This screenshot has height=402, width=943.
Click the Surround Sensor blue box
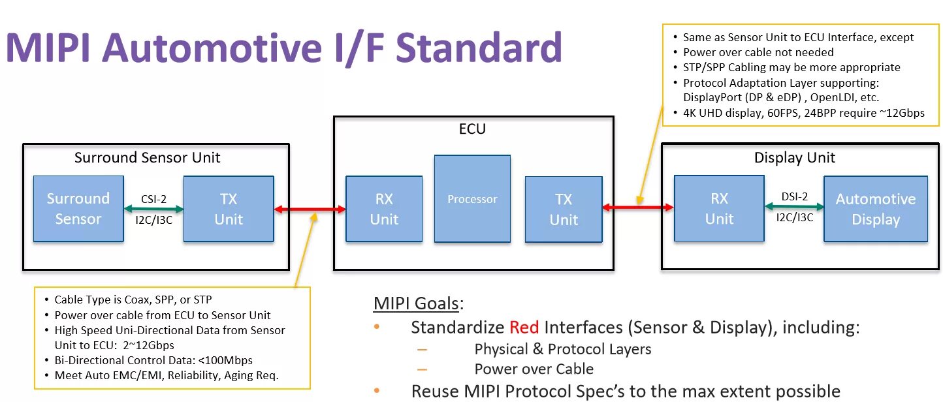pos(78,208)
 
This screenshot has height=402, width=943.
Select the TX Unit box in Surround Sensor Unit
pos(229,208)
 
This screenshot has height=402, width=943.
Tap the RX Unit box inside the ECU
pos(384,209)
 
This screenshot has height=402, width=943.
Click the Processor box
pos(472,199)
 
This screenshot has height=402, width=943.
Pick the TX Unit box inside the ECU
pos(564,209)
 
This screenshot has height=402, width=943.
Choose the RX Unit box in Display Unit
pos(719,208)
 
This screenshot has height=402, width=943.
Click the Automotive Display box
pos(876,208)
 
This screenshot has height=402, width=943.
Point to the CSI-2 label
pos(153,199)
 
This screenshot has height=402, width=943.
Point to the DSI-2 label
pos(795,196)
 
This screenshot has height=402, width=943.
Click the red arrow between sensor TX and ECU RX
pos(310,209)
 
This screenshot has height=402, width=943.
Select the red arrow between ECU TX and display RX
pos(638,208)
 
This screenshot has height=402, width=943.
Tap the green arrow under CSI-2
pos(153,209)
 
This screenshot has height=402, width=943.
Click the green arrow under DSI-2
pos(794,207)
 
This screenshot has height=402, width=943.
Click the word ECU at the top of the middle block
pos(472,129)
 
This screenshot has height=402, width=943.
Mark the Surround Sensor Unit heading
pos(147,157)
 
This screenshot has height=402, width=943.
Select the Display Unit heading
pos(794,157)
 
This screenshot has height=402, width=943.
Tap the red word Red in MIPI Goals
pos(524,327)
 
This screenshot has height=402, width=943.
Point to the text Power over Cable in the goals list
pos(534,369)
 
